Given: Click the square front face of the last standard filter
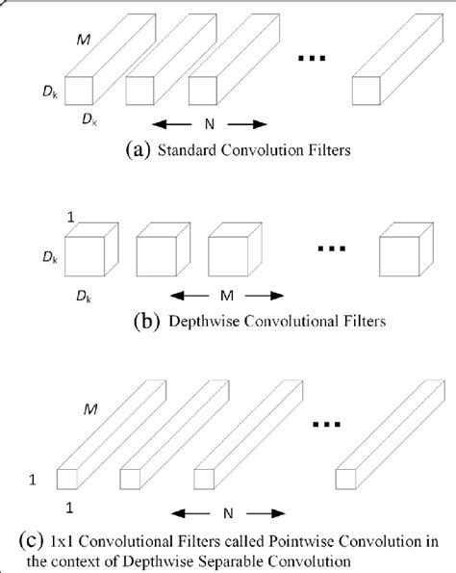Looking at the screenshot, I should pos(367,90).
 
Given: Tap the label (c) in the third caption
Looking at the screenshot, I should pos(22,538).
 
